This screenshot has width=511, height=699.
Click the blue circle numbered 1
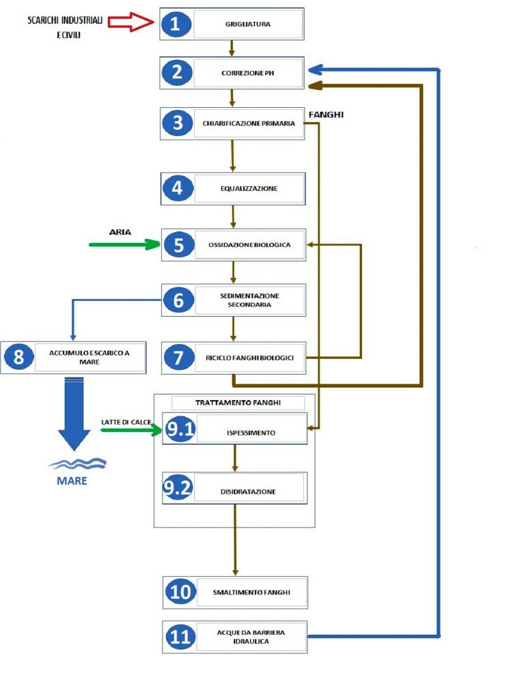176,24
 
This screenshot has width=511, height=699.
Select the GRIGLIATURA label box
248,24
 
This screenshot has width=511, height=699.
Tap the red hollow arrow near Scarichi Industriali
130,21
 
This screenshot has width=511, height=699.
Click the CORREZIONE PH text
248,73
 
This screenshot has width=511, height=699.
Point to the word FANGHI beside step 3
327,115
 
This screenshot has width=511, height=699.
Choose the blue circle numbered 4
177,188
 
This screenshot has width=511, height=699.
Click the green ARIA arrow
124,244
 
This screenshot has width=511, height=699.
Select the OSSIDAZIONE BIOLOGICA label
249,245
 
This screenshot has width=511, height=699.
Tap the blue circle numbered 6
178,300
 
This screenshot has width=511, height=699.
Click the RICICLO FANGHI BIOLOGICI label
249,358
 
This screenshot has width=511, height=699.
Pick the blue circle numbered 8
18,356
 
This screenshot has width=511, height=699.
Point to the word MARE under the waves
72,481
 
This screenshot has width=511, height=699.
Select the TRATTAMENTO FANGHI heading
238,403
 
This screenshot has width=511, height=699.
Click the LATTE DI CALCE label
126,422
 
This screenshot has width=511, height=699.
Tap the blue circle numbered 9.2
178,487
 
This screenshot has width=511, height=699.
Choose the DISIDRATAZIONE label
248,491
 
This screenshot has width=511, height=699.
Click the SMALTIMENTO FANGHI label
251,593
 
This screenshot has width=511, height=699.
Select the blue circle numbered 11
180,636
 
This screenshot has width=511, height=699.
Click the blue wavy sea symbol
77,463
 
